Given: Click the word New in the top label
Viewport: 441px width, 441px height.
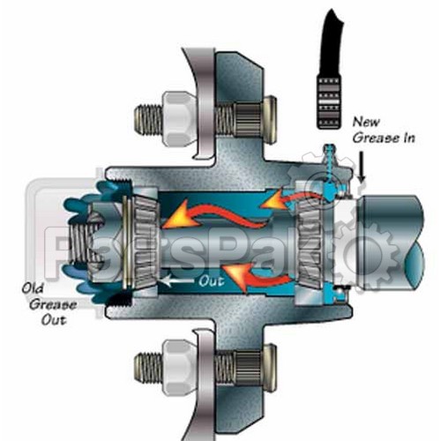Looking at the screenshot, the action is tap(366, 122).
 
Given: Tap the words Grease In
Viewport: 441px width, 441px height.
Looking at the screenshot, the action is tap(384, 138).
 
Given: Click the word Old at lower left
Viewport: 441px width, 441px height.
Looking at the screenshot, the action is tap(32, 288).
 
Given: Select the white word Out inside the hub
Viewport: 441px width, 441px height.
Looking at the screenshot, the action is tap(212, 281).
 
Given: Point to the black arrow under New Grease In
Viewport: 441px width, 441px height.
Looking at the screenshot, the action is tap(363, 166).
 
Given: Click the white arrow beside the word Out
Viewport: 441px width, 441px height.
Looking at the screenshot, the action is tap(177, 280).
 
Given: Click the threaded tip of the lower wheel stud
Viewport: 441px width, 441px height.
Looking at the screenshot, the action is tap(148, 364).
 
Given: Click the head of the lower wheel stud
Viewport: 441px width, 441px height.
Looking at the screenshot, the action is tap(269, 364).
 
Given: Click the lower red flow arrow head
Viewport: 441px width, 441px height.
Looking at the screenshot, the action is tap(235, 276).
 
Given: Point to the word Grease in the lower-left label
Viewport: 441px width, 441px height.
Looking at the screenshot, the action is tap(52, 304).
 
